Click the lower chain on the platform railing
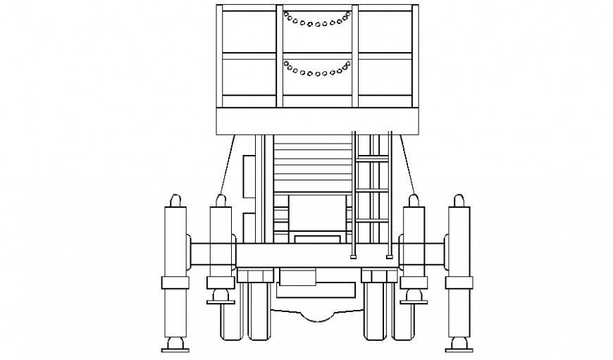pyautogui.click(x=317, y=70)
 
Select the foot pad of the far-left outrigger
pyautogui.click(x=175, y=347)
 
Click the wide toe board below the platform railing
pyautogui.click(x=317, y=120)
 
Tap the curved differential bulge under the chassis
pyautogui.click(x=317, y=315)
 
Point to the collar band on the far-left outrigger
pyautogui.click(x=175, y=283)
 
